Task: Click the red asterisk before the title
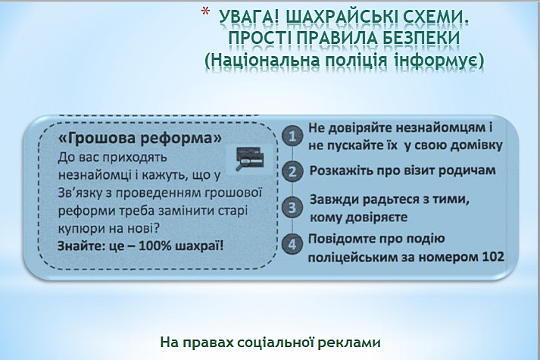205,12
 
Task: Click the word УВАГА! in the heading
248,17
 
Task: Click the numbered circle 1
292,136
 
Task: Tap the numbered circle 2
292,171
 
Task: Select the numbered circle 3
292,208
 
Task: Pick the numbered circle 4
292,244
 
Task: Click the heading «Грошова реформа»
140,138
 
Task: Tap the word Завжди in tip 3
335,200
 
